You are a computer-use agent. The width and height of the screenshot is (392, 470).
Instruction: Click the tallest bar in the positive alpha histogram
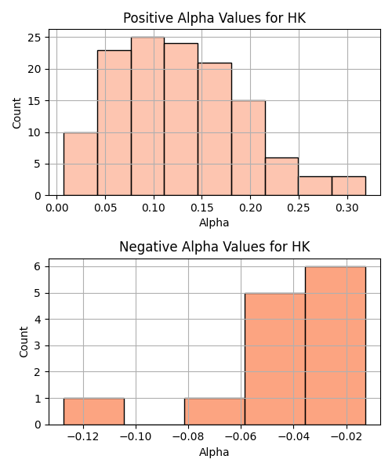(x=147, y=116)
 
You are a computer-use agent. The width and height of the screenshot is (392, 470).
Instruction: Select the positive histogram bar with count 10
(x=81, y=164)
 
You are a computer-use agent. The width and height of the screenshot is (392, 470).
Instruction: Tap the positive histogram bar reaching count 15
(x=249, y=148)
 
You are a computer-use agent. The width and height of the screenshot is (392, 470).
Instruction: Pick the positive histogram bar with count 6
(x=281, y=176)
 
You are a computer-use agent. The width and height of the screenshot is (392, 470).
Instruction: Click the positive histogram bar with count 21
(x=215, y=129)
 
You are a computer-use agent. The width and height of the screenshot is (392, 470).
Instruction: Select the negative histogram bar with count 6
(x=336, y=345)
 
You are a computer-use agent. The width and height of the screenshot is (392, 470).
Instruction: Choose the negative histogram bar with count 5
(x=275, y=359)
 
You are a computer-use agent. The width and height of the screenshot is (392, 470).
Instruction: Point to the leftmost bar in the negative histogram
(x=94, y=411)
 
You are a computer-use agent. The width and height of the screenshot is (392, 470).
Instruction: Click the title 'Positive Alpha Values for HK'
(x=215, y=18)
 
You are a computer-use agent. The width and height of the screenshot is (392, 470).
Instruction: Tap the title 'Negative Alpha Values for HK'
(x=215, y=247)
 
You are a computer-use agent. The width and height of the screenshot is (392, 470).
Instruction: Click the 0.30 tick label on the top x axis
(x=347, y=208)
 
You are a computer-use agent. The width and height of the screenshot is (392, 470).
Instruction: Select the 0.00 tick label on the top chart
(x=57, y=208)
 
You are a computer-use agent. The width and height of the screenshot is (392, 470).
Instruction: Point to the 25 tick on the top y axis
(x=34, y=38)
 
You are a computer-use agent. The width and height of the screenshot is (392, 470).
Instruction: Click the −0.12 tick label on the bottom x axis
(x=83, y=437)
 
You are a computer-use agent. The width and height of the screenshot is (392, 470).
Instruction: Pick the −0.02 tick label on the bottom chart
(x=347, y=437)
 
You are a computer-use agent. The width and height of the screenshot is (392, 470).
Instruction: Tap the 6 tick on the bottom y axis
(x=38, y=266)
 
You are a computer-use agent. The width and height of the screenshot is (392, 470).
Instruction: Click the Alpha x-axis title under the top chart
(x=214, y=222)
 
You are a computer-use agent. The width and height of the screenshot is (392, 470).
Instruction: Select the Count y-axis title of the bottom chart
(x=24, y=342)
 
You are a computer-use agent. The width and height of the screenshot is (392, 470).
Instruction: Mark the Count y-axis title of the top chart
(x=16, y=113)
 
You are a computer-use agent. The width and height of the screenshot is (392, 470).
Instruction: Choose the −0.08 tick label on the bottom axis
(x=188, y=437)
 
